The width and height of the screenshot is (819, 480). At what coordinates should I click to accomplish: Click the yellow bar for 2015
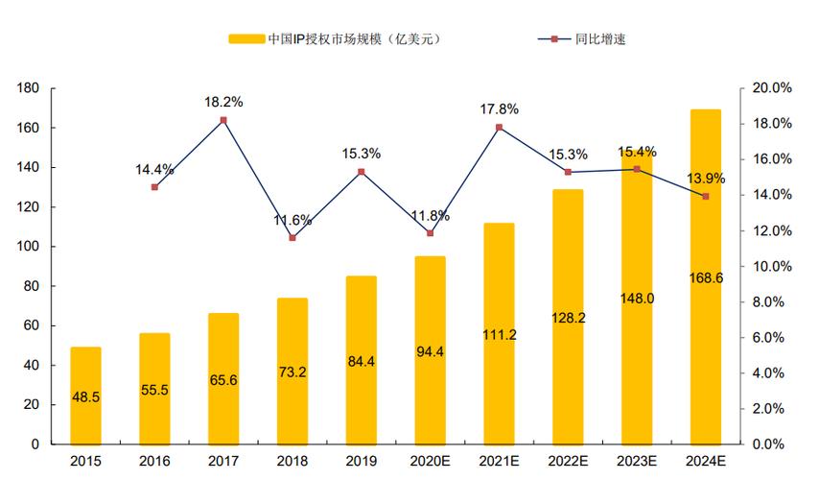click(85, 395)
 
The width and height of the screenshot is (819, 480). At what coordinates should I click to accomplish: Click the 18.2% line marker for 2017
click(223, 120)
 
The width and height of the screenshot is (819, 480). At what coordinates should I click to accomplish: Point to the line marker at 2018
click(292, 237)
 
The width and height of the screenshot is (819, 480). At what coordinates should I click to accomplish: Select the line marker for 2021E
click(499, 127)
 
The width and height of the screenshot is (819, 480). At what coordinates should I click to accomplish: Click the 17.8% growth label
click(500, 108)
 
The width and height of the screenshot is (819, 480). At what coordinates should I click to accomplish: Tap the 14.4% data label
click(154, 169)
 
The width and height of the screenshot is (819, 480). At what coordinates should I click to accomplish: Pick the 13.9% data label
click(706, 178)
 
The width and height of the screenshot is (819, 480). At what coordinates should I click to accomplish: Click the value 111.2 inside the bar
click(499, 334)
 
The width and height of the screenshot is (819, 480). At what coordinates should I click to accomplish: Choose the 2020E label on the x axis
click(430, 461)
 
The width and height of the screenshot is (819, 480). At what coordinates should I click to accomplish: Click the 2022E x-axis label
click(568, 461)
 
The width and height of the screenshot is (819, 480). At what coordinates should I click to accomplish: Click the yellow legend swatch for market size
click(246, 39)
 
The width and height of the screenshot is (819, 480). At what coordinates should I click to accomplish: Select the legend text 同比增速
click(601, 39)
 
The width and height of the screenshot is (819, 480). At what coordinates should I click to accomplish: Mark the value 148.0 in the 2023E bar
click(637, 299)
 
